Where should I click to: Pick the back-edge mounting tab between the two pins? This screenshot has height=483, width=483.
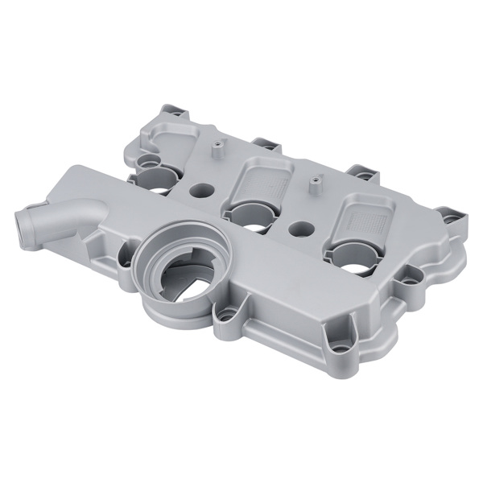[263, 146]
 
